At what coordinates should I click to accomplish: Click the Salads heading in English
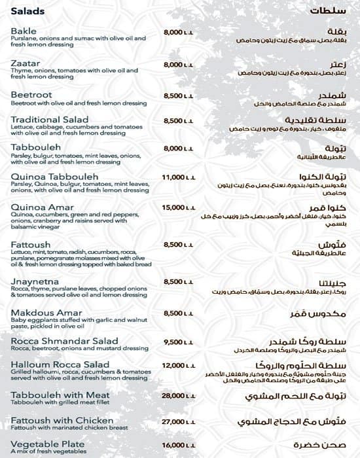point(27,11)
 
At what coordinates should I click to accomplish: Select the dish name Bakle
point(24,31)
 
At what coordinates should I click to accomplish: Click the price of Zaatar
point(178,65)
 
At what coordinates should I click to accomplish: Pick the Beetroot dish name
point(31,95)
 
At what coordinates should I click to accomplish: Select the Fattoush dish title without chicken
point(31,245)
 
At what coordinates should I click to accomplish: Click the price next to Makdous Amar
point(178,313)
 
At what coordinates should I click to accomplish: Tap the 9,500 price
point(178,342)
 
